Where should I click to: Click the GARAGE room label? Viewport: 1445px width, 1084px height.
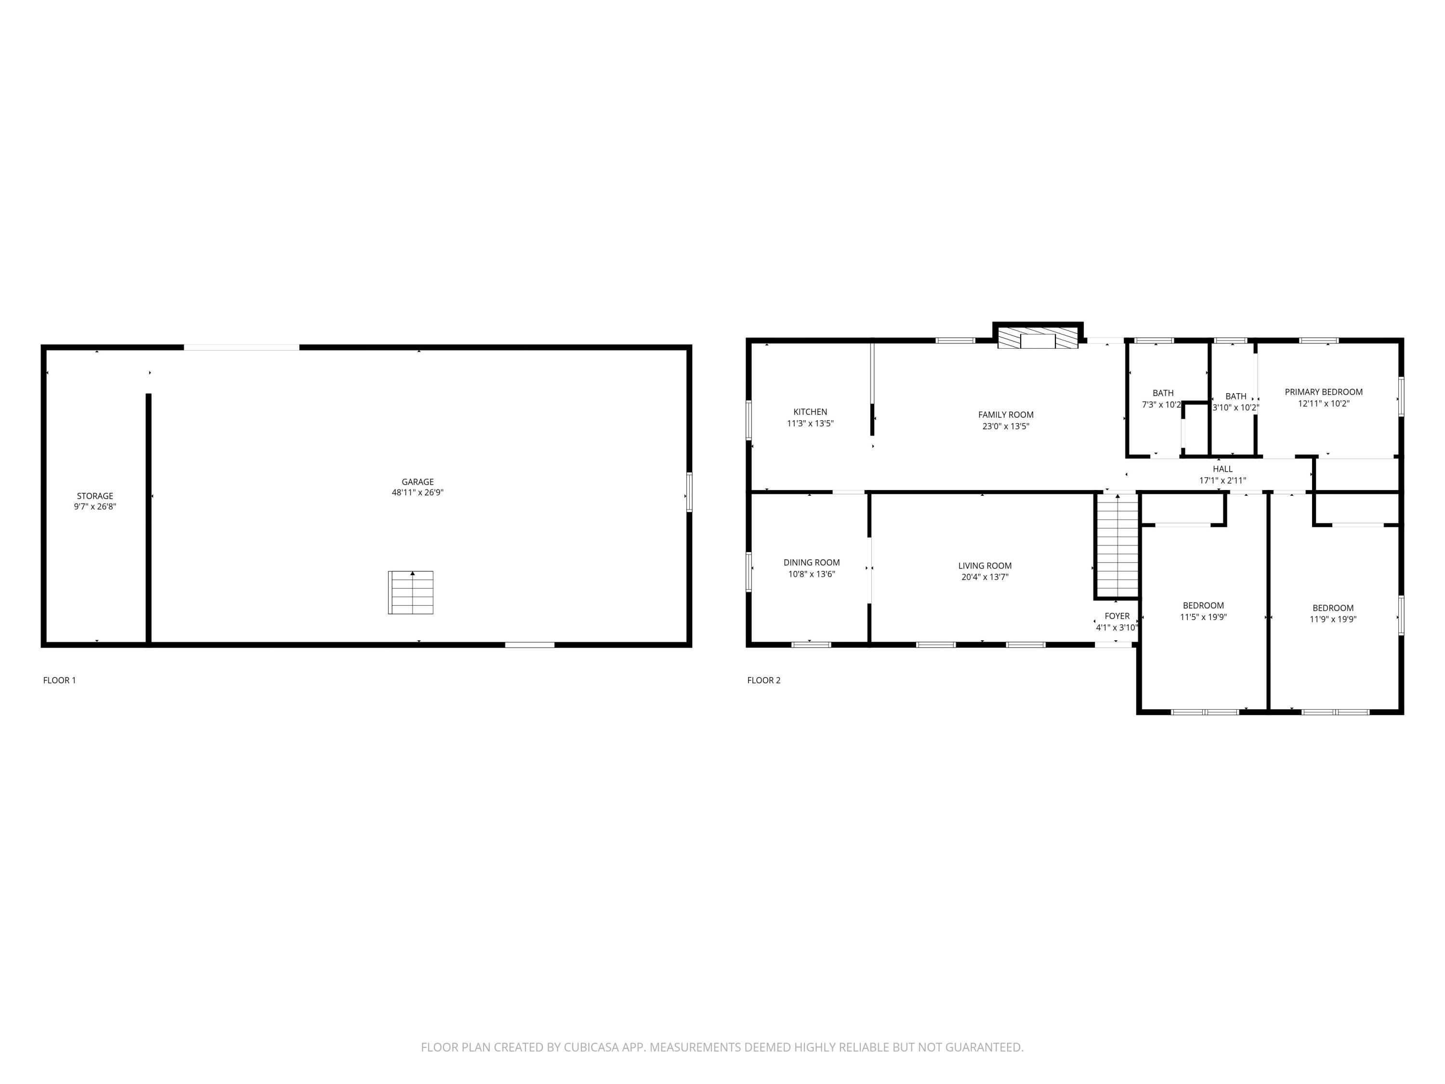pyautogui.click(x=418, y=482)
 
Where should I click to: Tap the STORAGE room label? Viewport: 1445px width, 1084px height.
pyautogui.click(x=95, y=496)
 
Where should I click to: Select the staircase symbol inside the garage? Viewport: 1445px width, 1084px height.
pyautogui.click(x=411, y=593)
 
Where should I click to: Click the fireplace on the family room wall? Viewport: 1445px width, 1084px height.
pyautogui.click(x=1038, y=339)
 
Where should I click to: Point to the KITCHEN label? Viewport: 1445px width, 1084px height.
pyautogui.click(x=810, y=411)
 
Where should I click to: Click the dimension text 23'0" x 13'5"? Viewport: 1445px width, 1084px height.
pyautogui.click(x=1005, y=426)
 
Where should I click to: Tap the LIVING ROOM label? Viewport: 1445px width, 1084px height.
pyautogui.click(x=985, y=566)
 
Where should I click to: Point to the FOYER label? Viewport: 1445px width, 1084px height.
pyautogui.click(x=1117, y=616)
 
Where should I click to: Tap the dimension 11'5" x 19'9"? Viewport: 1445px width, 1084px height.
pyautogui.click(x=1203, y=617)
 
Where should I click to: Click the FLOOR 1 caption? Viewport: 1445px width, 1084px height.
pyautogui.click(x=59, y=680)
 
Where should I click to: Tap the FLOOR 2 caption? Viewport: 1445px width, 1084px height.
pyautogui.click(x=763, y=680)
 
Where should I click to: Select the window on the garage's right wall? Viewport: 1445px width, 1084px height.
pyautogui.click(x=689, y=492)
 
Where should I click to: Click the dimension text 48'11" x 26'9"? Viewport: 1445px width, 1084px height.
pyautogui.click(x=418, y=493)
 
